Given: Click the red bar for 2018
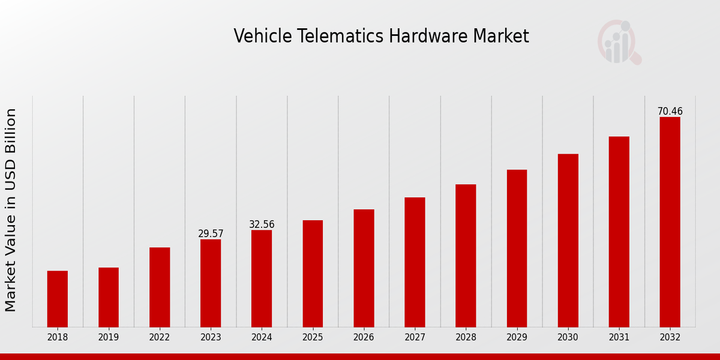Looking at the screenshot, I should point(58,299).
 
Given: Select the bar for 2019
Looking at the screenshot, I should point(109,297).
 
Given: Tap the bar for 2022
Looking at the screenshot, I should point(160,287).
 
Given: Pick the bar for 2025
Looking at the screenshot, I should point(313,274).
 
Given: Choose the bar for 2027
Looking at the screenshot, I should point(415,262).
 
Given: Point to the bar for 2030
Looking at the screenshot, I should point(568,240).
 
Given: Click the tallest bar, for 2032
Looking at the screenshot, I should point(670,222).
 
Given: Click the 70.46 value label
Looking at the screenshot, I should point(670,112).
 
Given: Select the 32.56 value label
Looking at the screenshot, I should point(262,224).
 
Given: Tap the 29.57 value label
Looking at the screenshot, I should point(211,234).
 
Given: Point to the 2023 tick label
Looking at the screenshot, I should point(211,337).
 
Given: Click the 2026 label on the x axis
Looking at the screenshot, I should point(364,337).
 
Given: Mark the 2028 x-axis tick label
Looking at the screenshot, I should point(466,337).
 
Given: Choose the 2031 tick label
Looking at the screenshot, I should point(619,337).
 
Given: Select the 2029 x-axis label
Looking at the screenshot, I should point(517,337).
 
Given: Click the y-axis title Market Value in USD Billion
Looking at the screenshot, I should point(11,210).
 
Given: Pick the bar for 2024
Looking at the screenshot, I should point(262,278).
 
